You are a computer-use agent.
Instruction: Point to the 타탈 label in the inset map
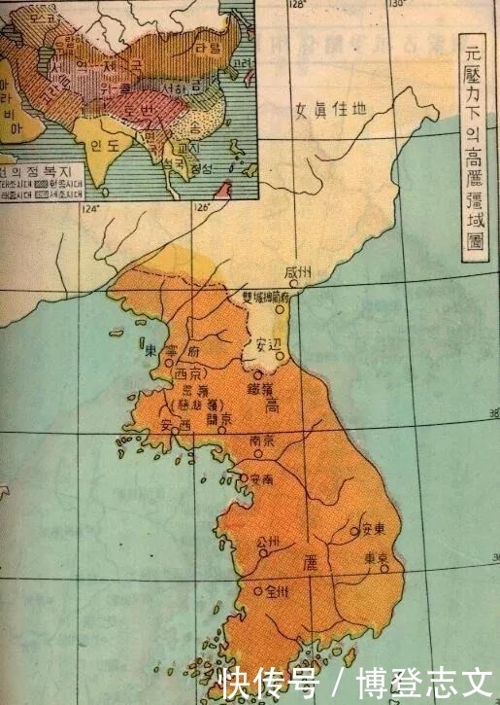[206, 49]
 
